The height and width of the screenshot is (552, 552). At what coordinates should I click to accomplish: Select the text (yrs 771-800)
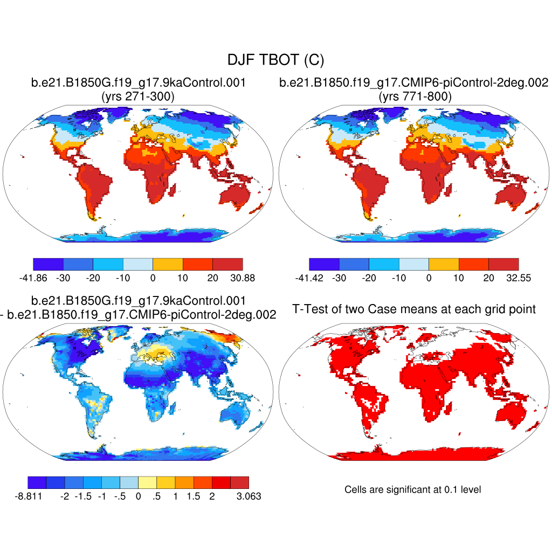coord(413,97)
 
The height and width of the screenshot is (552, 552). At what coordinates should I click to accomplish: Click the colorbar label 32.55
coord(518,278)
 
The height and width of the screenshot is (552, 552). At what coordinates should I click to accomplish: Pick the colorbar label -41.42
coord(309,278)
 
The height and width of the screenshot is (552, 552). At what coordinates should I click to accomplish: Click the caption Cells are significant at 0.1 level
coord(412,489)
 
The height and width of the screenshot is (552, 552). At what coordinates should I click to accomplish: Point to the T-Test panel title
coord(414,309)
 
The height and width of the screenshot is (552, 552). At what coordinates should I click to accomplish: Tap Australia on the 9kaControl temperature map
coord(232,195)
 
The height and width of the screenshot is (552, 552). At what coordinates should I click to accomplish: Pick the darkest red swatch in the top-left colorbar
coord(227,264)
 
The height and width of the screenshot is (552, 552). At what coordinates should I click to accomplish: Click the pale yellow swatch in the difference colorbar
coord(147,482)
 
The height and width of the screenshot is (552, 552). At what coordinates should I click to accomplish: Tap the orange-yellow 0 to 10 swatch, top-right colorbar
coord(444,264)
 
